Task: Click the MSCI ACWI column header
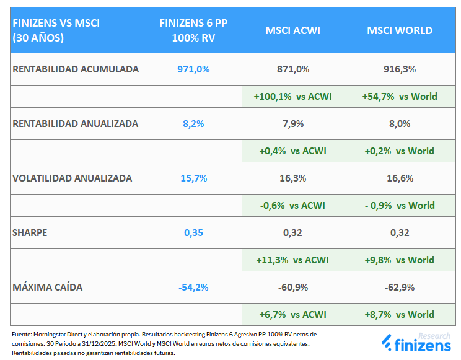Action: pos(292,30)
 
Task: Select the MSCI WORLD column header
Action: pos(400,30)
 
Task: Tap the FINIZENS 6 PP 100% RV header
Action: pos(193,30)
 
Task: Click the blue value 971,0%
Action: pos(193,69)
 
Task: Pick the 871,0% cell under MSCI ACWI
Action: pos(292,69)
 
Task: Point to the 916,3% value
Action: pos(400,69)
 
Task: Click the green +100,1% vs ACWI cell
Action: pos(292,96)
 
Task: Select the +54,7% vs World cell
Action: pos(400,96)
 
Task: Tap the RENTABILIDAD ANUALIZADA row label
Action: pos(75,123)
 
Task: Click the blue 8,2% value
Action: pos(193,123)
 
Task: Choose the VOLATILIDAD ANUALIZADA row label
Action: pos(72,178)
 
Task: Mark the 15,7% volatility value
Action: pos(193,178)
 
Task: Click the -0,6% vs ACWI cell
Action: pos(292,205)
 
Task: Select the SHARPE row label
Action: pos(30,233)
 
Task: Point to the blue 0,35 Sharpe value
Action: pos(193,233)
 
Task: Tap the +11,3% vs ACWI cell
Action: pos(292,260)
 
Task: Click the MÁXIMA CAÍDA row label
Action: pos(47,288)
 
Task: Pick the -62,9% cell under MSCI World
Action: pos(400,288)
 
